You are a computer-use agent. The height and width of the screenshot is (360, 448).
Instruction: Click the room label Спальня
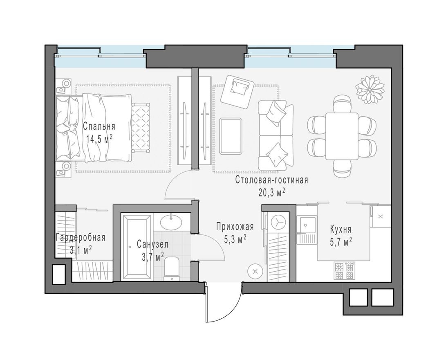tap(99, 126)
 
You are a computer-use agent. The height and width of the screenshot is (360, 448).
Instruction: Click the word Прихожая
tap(235, 227)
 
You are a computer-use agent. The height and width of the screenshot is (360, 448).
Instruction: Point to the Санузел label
tap(152, 245)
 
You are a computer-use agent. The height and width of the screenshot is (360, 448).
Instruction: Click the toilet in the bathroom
tap(172, 268)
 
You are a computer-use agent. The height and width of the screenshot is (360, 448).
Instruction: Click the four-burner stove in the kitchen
tap(344, 270)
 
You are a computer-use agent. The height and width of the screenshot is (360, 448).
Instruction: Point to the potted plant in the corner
tap(370, 88)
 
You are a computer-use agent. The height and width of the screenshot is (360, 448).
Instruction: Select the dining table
tap(342, 136)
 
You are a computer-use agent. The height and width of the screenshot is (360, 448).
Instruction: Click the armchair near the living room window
tap(237, 91)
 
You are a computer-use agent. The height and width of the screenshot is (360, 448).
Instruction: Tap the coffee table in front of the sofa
tap(231, 136)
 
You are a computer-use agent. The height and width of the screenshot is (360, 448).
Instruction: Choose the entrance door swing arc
tap(223, 307)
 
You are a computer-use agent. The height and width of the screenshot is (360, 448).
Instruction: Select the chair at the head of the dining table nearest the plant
tap(342, 103)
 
